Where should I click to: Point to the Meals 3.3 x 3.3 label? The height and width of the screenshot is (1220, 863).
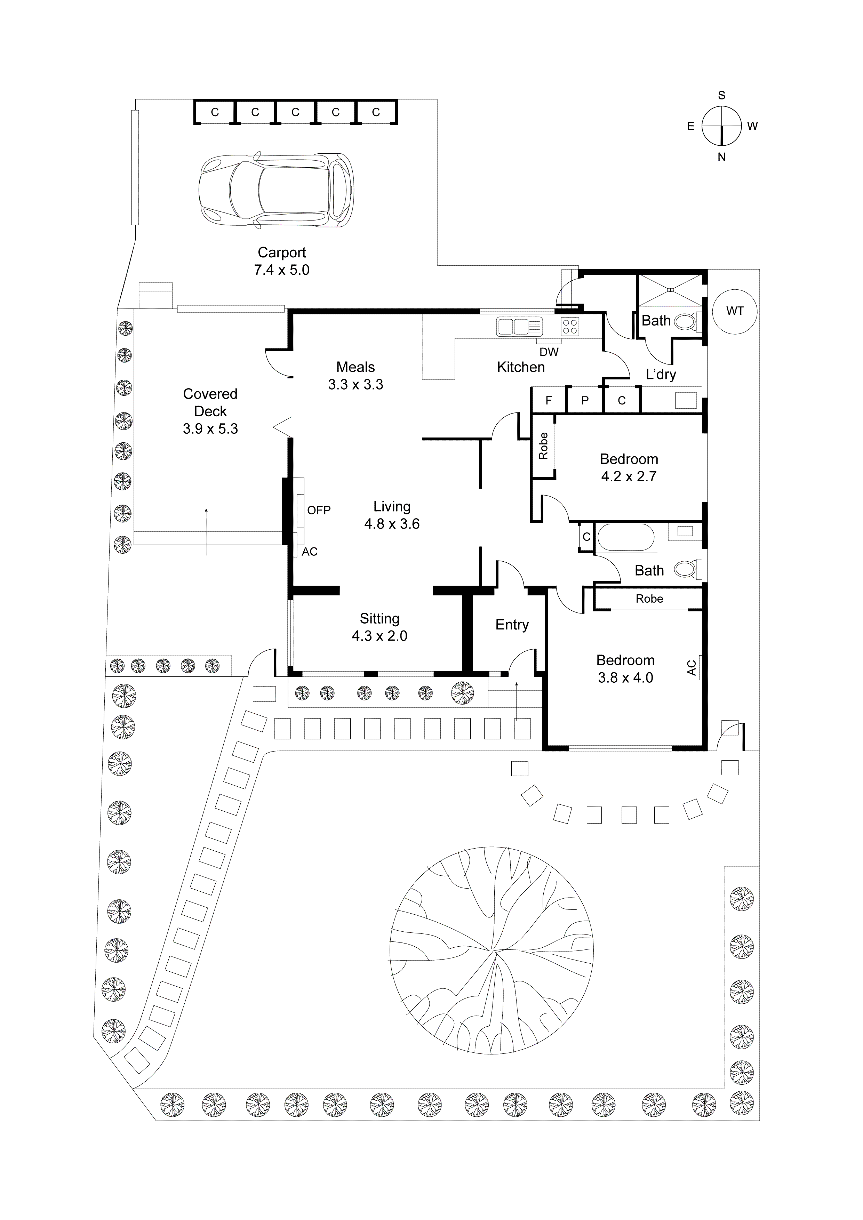tap(355, 376)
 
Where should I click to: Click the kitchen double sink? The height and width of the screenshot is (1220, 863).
tap(519, 326)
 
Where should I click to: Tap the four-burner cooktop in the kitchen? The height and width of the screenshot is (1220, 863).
tap(570, 326)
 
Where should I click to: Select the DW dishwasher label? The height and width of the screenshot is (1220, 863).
tap(549, 352)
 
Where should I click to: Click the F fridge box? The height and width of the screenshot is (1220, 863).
tap(549, 401)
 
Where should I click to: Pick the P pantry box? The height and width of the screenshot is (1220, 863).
tap(585, 401)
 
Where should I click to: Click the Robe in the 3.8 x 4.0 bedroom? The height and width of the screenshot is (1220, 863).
tap(649, 599)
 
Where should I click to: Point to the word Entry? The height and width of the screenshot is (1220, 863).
tap(512, 625)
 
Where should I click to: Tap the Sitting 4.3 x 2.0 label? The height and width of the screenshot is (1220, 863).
tap(379, 627)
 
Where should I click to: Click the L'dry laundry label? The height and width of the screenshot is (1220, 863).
tap(661, 375)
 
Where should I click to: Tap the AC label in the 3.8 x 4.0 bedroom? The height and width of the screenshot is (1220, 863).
tap(692, 668)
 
